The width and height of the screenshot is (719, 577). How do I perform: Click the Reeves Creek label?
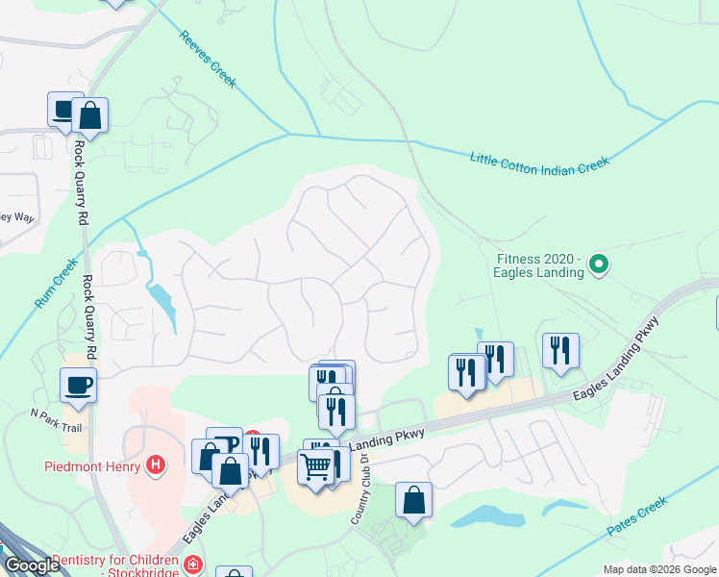click(x=208, y=60)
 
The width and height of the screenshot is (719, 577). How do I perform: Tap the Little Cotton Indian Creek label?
click(x=540, y=162)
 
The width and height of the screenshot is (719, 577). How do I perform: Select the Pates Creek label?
click(x=637, y=517)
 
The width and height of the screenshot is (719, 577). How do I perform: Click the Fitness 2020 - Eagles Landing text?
click(x=540, y=265)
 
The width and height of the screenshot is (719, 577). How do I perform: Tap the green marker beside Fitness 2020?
click(x=599, y=263)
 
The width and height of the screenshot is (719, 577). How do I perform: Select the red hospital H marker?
click(x=156, y=467)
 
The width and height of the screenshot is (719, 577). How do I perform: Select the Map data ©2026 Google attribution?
click(x=659, y=569)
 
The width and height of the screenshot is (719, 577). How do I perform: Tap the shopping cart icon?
click(x=315, y=466)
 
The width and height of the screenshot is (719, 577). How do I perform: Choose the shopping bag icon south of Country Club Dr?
click(x=413, y=500)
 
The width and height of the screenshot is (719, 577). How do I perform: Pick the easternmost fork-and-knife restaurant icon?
click(x=560, y=350)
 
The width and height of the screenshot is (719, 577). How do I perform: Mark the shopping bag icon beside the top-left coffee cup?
click(x=89, y=115)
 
